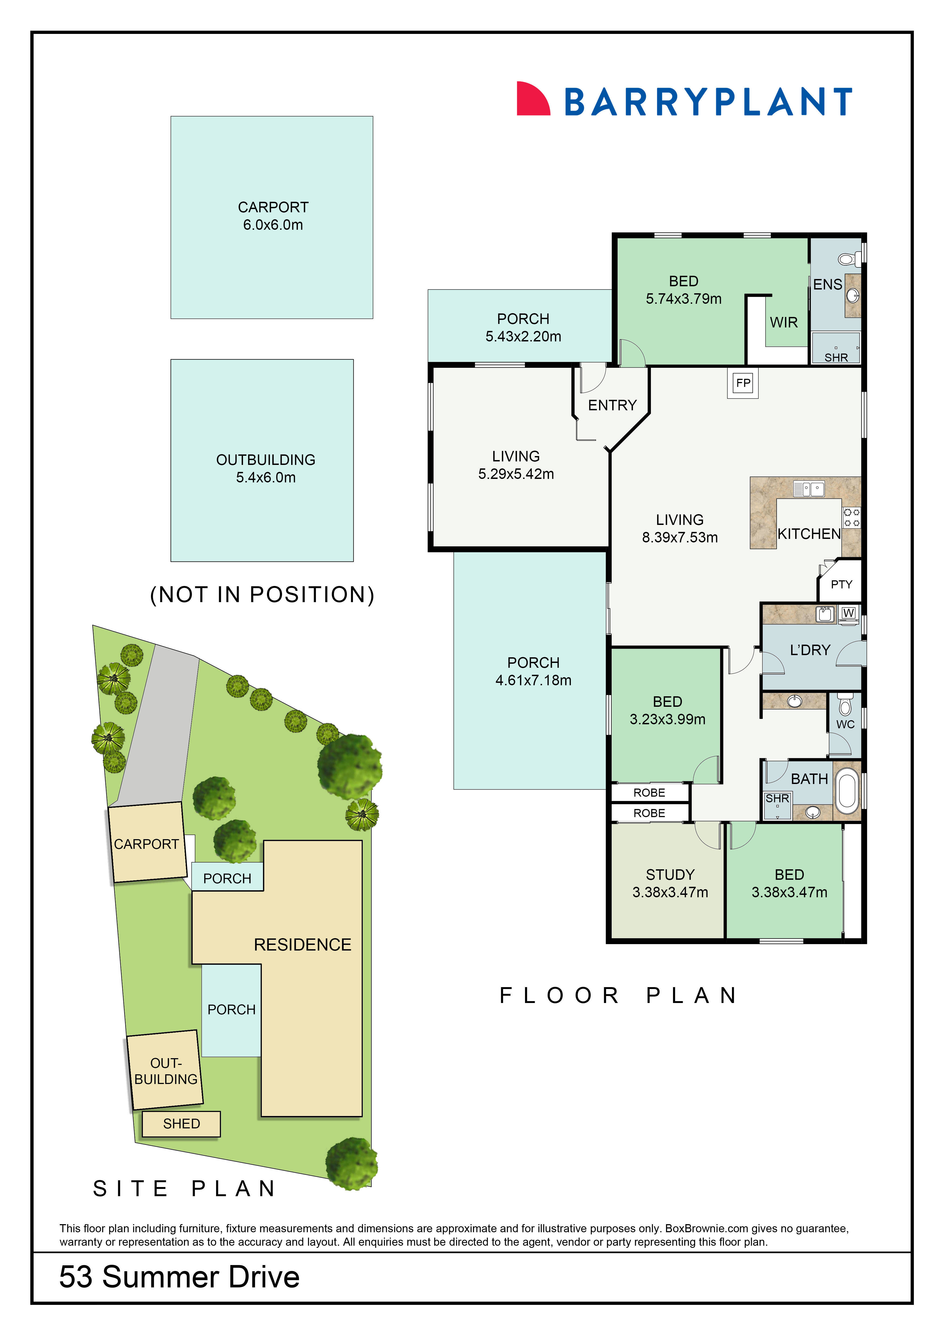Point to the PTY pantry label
tap(841, 584)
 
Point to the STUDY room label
tap(670, 874)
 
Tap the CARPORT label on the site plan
tap(147, 844)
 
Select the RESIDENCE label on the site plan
tap(302, 945)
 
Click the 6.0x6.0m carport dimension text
tap(273, 225)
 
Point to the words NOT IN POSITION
tap(262, 594)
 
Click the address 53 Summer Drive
tap(179, 1277)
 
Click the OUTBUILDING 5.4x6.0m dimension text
tap(266, 477)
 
